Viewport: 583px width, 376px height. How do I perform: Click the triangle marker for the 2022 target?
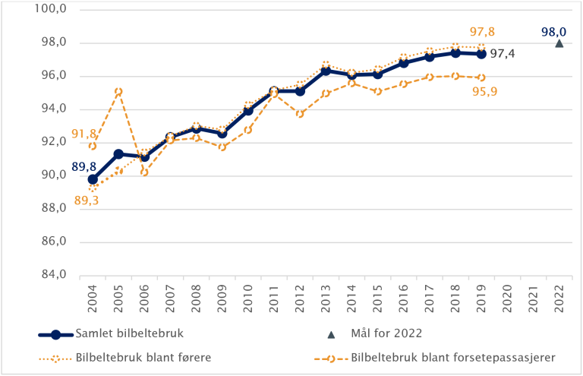click(x=559, y=43)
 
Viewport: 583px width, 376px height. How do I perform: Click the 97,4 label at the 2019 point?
click(x=503, y=54)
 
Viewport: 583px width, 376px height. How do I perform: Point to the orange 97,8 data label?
click(x=483, y=31)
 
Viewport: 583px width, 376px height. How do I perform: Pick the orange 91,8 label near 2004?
click(x=84, y=134)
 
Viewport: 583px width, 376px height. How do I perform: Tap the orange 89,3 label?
click(x=85, y=201)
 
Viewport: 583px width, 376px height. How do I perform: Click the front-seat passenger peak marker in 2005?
click(x=118, y=92)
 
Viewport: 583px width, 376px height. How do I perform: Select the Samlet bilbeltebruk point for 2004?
click(x=93, y=180)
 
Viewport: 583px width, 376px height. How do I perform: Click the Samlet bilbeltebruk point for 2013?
click(x=326, y=71)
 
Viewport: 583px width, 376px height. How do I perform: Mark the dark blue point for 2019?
click(x=481, y=54)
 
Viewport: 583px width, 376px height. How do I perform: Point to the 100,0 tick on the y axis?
click(x=31, y=10)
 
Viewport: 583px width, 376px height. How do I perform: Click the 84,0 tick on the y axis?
click(x=33, y=275)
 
